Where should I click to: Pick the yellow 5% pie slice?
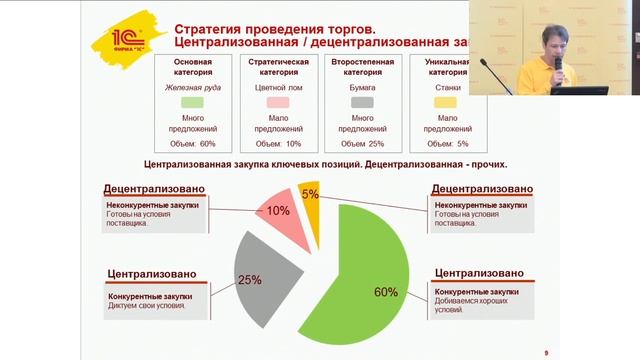(311, 195)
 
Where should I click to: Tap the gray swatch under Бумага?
(356, 101)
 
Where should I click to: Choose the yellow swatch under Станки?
(441, 101)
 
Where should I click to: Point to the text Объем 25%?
(356, 144)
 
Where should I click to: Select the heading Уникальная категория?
(441, 67)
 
